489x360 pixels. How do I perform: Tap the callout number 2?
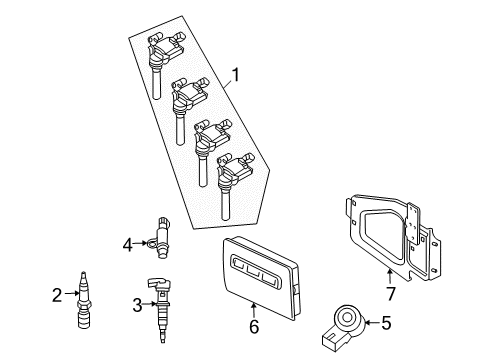click(x=56, y=294)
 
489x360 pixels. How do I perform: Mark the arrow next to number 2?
click(x=69, y=294)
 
